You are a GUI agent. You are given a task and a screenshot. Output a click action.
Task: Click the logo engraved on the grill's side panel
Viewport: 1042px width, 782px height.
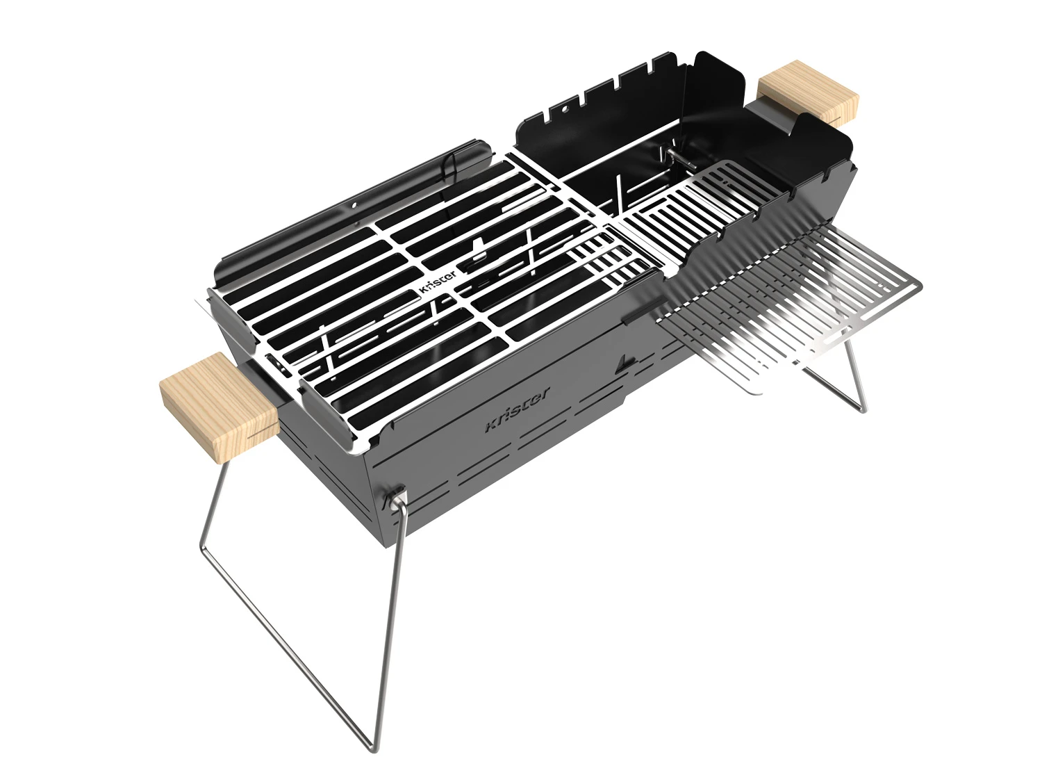pos(517,410)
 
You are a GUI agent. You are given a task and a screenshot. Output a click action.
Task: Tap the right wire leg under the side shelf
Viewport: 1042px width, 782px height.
pos(854,375)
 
